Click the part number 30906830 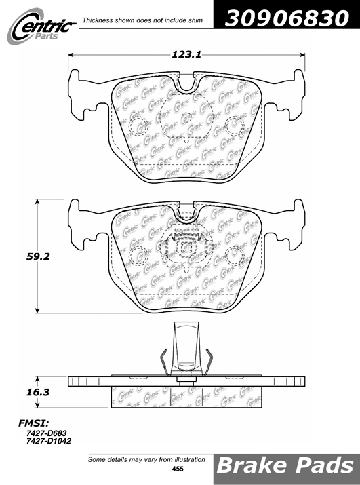tap(287, 18)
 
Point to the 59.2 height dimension tap(38, 256)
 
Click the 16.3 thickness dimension tap(38, 392)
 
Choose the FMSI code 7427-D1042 tap(49, 441)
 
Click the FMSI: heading tap(34, 423)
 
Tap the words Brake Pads tap(285, 465)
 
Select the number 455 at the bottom tap(178, 469)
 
